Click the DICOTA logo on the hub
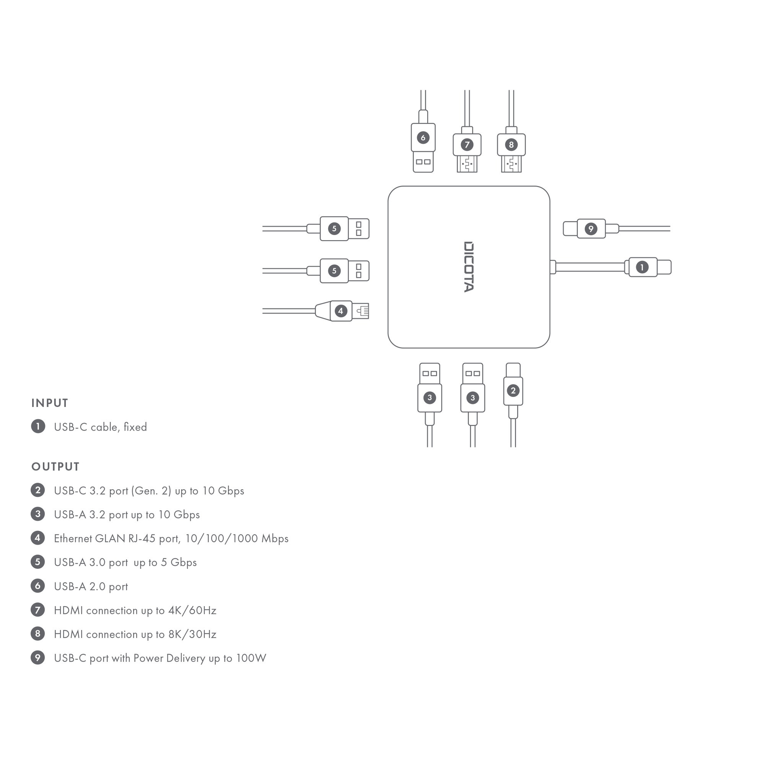pyautogui.click(x=469, y=267)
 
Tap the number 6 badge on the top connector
pyautogui.click(x=423, y=137)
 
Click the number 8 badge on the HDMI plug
pyautogui.click(x=511, y=145)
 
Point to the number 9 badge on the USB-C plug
pyautogui.click(x=591, y=228)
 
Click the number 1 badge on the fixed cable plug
pyautogui.click(x=642, y=267)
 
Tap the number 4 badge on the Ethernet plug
pyautogui.click(x=340, y=311)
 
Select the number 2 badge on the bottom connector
pyautogui.click(x=513, y=391)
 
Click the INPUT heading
pyautogui.click(x=50, y=403)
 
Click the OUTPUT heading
pyautogui.click(x=55, y=467)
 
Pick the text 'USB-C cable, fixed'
pyautogui.click(x=101, y=427)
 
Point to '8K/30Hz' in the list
pyautogui.click(x=192, y=634)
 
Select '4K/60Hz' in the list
pyautogui.click(x=192, y=610)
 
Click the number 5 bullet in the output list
pyautogui.click(x=37, y=562)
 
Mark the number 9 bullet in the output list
pyautogui.click(x=37, y=658)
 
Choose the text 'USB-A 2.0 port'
pyautogui.click(x=91, y=586)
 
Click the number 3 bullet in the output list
pyautogui.click(x=37, y=514)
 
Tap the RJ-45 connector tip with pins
pyautogui.click(x=361, y=311)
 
